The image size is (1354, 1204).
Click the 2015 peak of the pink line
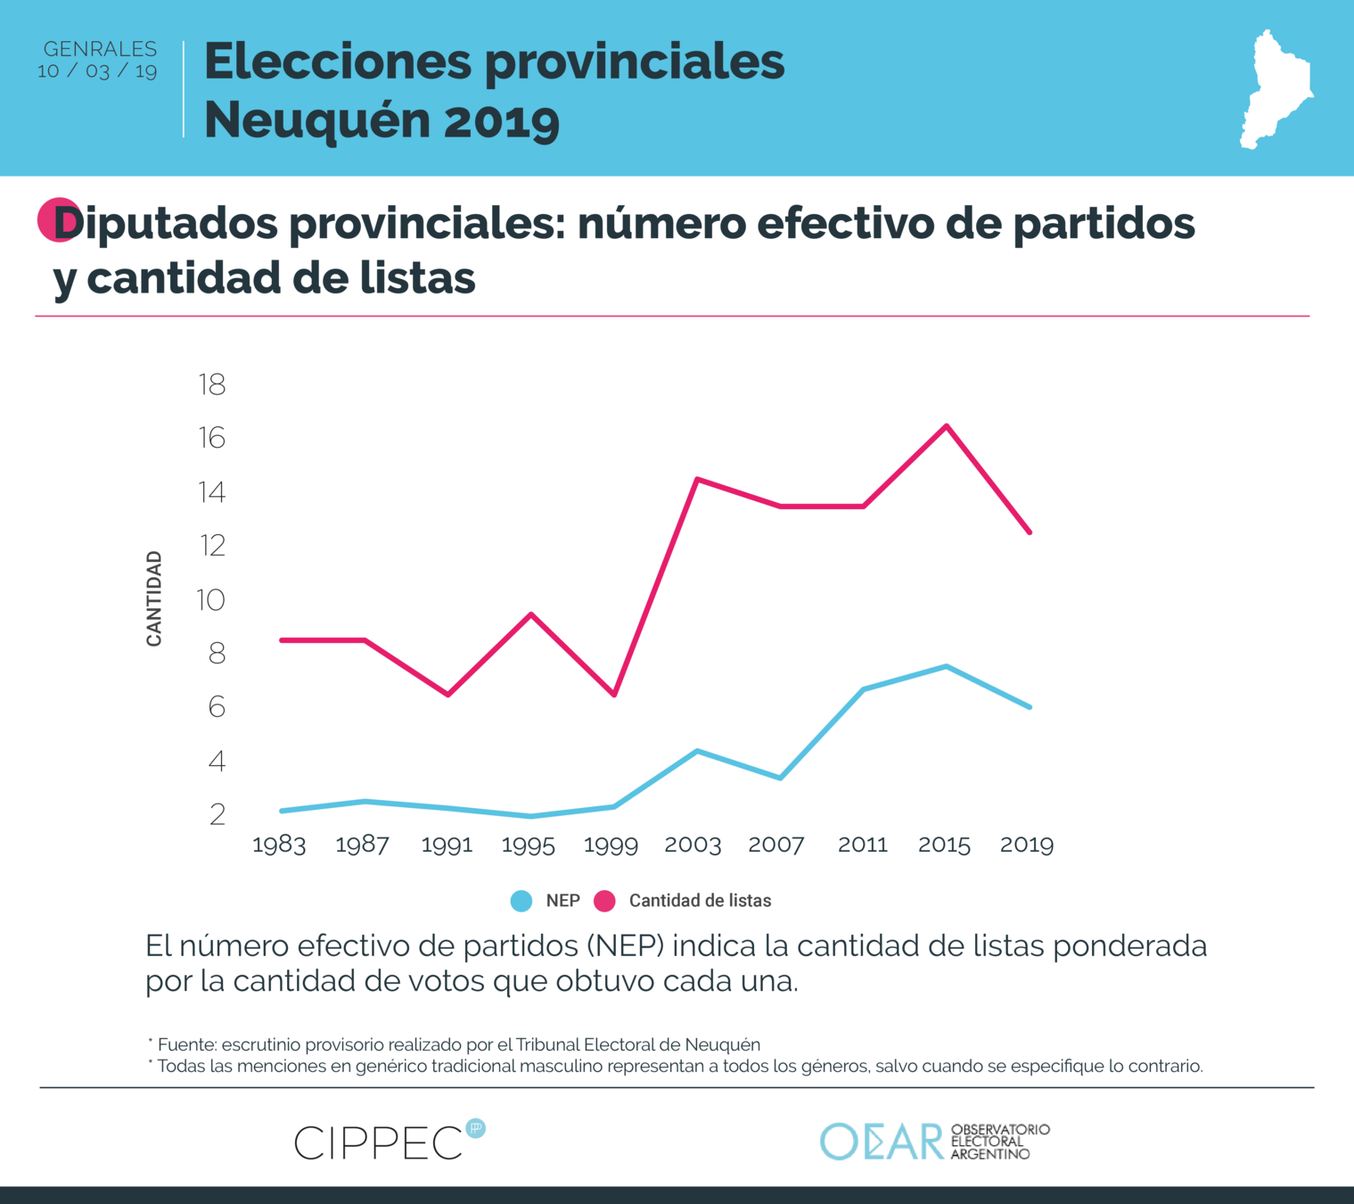tap(946, 426)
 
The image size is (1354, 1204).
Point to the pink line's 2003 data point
tap(696, 480)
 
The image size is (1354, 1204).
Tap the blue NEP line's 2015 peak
tap(946, 666)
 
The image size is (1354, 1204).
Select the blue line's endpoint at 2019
tap(1030, 707)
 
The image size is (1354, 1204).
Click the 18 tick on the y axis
tap(212, 384)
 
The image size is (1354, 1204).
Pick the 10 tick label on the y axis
tap(210, 599)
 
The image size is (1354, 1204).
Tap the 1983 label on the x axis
tap(279, 845)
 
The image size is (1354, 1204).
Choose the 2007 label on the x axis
tap(775, 845)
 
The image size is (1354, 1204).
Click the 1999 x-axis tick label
tap(611, 845)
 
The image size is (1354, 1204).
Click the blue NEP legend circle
tap(521, 901)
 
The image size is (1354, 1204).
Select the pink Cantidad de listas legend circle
tap(605, 901)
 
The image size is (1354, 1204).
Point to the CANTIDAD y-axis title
tap(154, 598)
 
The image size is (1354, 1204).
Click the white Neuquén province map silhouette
tap(1275, 89)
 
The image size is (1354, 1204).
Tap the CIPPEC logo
tap(389, 1142)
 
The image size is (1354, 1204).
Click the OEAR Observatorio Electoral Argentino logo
tap(934, 1142)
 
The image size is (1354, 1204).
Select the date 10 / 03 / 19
tap(97, 71)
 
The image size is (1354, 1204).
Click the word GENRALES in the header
tap(100, 49)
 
